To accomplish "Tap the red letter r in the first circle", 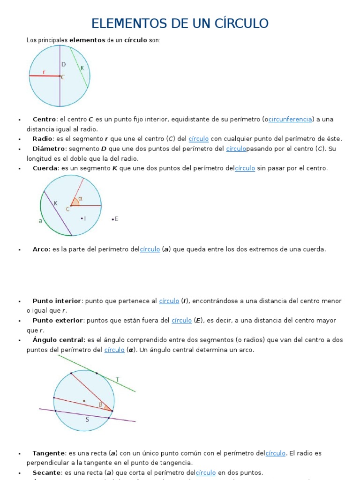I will tap(44, 72).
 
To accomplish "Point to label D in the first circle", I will tap(63, 64).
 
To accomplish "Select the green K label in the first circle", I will tap(82, 68).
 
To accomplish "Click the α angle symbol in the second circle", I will tap(80, 198).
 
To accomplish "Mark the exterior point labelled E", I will tap(115, 219).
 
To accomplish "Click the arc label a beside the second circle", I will tap(41, 221).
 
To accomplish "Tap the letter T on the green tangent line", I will tap(117, 379).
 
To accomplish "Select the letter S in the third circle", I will tap(87, 420).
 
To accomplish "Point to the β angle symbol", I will tap(100, 404).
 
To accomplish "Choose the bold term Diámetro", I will tap(49, 149).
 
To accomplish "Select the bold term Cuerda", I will tap(45, 168).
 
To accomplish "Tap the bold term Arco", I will tap(41, 249).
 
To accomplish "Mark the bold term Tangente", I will tap(49, 453).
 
